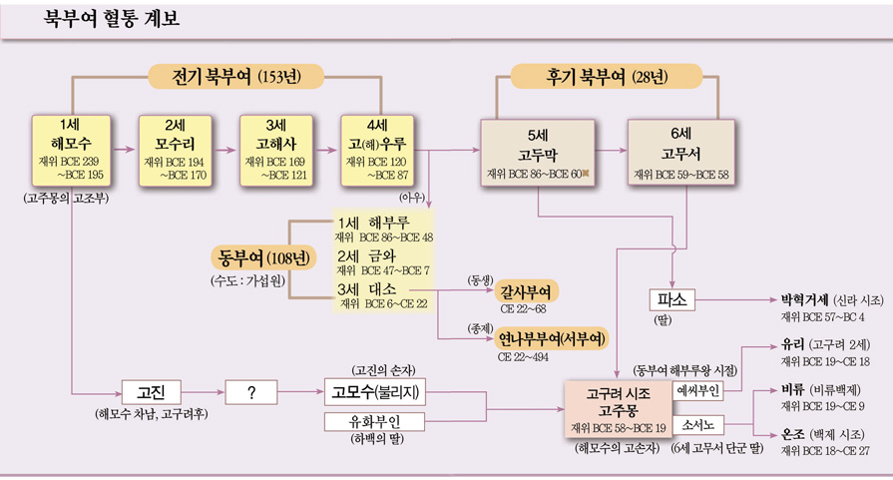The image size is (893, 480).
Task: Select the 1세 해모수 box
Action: point(71,150)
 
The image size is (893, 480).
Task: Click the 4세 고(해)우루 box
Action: point(377,150)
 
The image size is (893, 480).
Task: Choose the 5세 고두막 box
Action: point(538,153)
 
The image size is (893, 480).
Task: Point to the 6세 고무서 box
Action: point(679,153)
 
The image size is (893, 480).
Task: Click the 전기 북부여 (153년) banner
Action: point(237,77)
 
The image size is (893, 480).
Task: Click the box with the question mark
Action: point(251,392)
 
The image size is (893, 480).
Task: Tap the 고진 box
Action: point(151,392)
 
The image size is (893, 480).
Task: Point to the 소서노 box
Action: point(699,425)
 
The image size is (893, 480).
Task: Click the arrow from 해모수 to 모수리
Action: point(123,150)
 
